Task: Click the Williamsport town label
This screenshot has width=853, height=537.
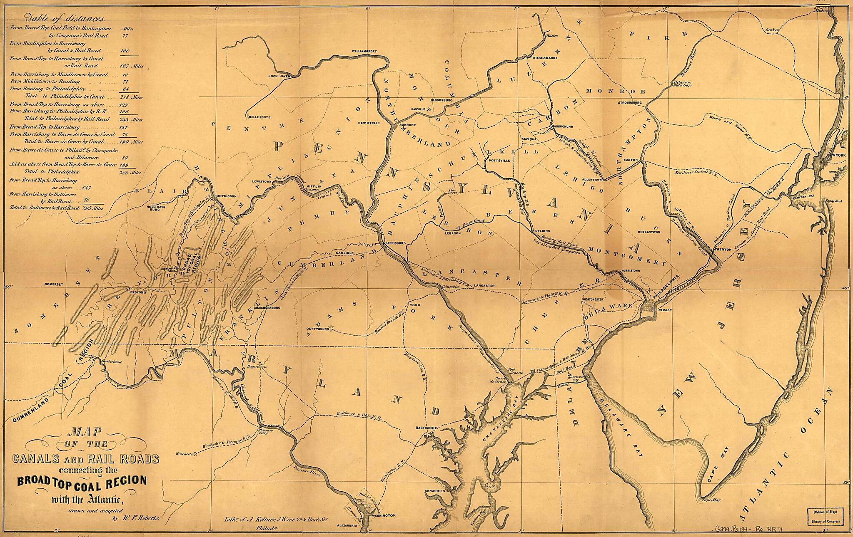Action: click(x=364, y=51)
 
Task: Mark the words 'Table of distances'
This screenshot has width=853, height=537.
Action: click(x=65, y=18)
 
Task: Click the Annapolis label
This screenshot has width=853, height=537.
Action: click(x=436, y=491)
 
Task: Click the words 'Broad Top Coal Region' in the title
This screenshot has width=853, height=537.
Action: click(x=82, y=481)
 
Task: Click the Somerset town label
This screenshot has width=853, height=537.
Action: click(x=53, y=284)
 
